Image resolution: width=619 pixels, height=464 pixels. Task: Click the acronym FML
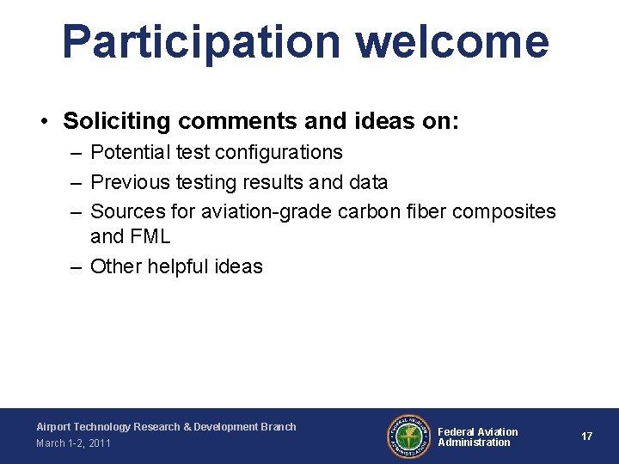pyautogui.click(x=150, y=236)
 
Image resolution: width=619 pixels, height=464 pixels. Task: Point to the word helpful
pyautogui.click(x=180, y=266)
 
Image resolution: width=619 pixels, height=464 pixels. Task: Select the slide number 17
pyautogui.click(x=586, y=437)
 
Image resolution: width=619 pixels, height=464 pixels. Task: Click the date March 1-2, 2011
pyautogui.click(x=73, y=443)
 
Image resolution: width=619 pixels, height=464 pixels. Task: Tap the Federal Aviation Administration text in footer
pyautogui.click(x=478, y=437)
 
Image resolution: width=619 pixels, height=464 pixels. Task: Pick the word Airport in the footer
pyautogui.click(x=53, y=426)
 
